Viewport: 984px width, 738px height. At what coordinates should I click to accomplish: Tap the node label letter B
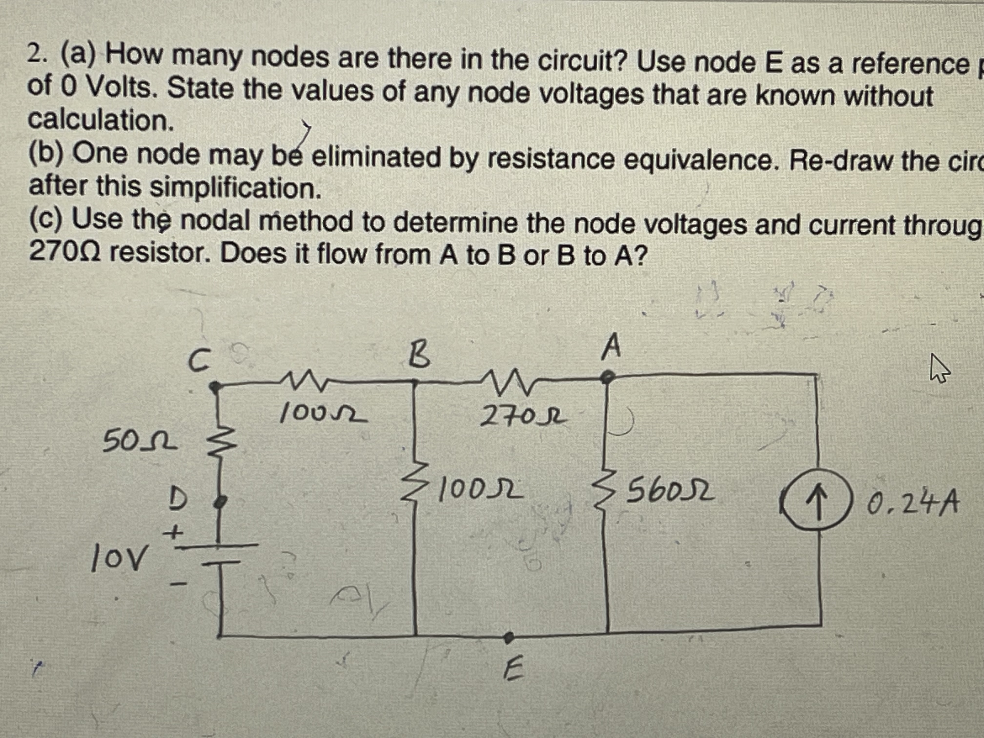[420, 356]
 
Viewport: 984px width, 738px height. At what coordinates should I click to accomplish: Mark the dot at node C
[215, 387]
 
